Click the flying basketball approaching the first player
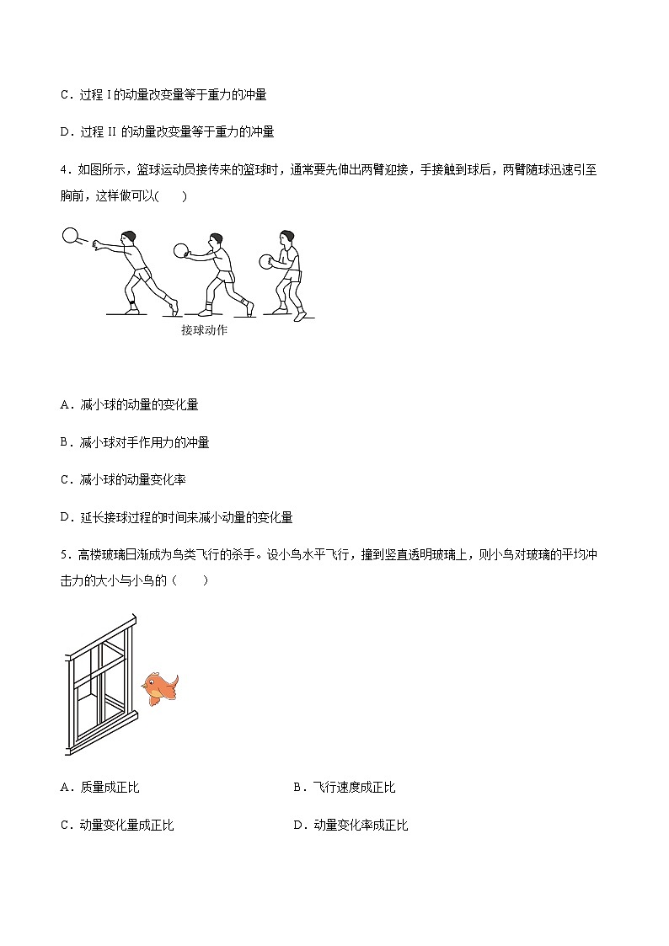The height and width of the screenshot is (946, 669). click(x=70, y=236)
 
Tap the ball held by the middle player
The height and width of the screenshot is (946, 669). click(x=180, y=249)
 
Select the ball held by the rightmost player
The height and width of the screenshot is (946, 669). click(x=267, y=262)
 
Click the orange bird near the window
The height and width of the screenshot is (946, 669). click(x=160, y=687)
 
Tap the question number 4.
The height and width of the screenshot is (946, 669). click(x=64, y=169)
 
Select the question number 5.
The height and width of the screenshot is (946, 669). click(x=64, y=554)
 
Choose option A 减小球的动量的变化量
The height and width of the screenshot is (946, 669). click(x=130, y=405)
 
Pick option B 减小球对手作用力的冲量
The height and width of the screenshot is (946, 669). click(x=135, y=442)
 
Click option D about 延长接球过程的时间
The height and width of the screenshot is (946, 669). click(x=177, y=517)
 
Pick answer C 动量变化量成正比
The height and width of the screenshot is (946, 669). click(x=117, y=826)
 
